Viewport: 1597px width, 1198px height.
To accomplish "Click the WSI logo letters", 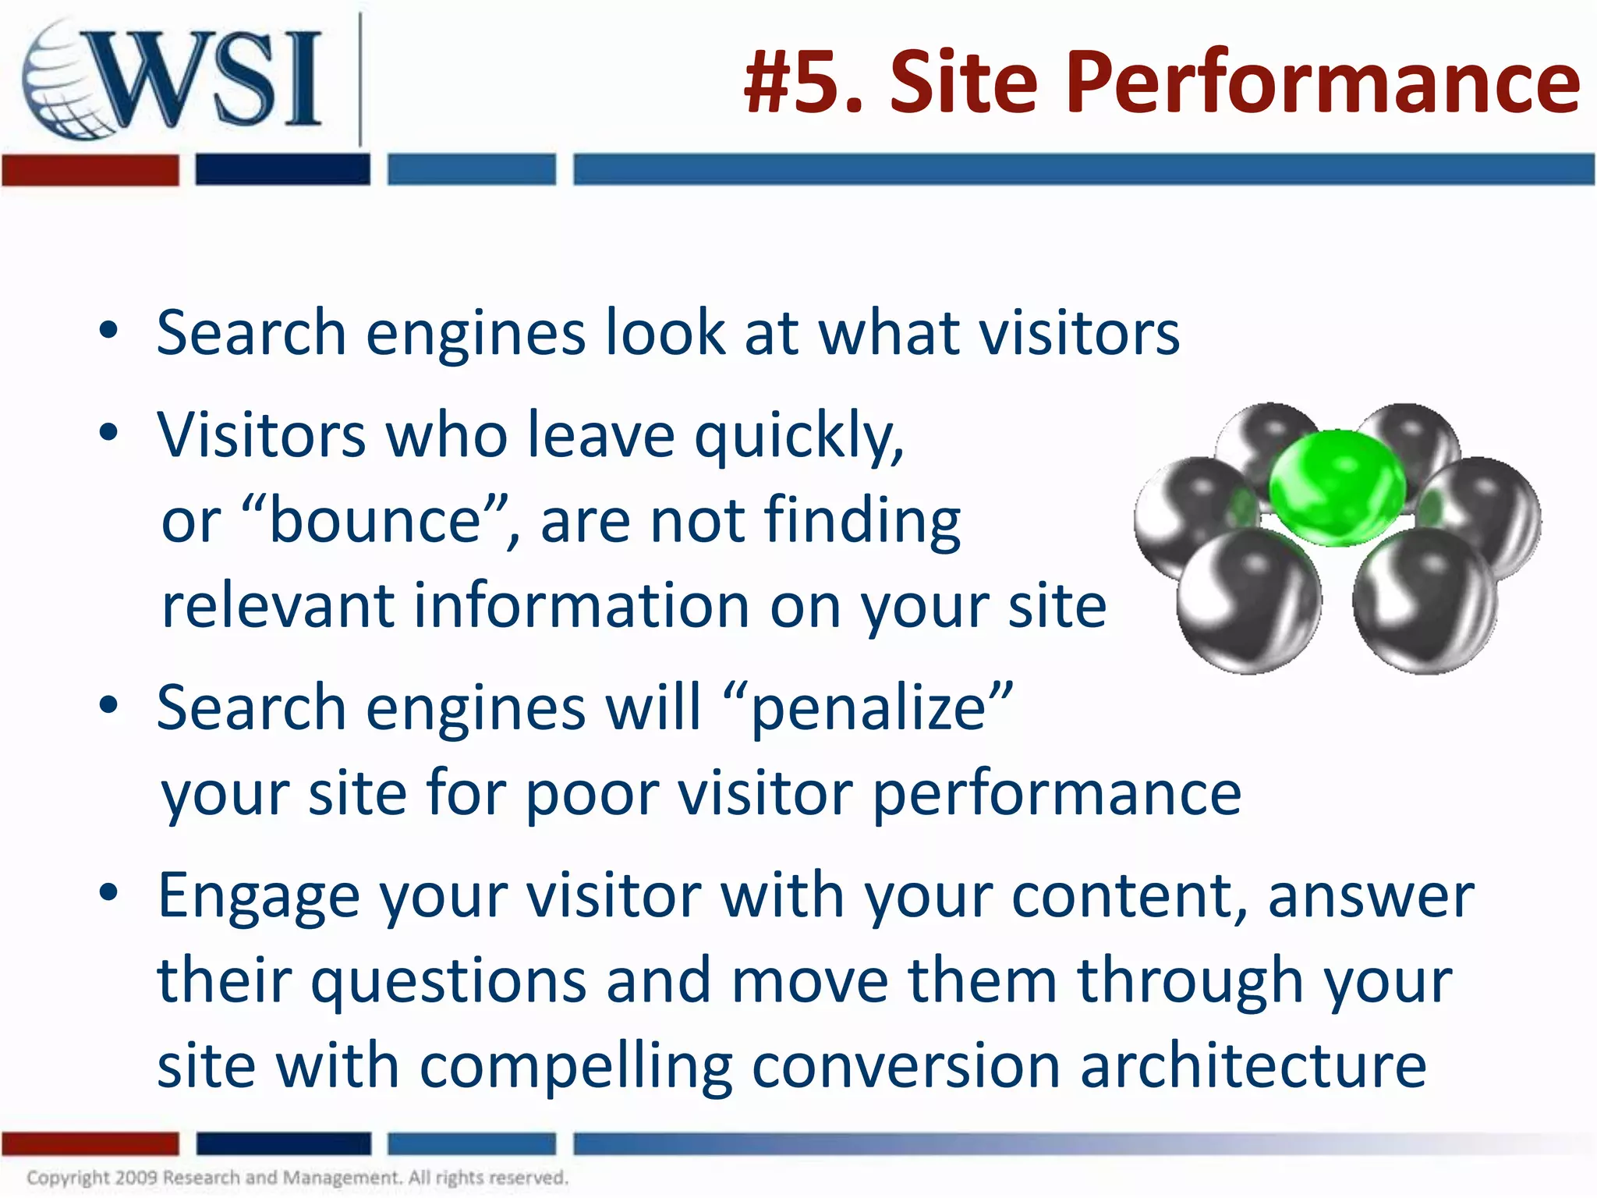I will [211, 78].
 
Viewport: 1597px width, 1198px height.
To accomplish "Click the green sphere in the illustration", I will [1337, 487].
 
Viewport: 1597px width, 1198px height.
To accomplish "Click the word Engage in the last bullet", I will [258, 896].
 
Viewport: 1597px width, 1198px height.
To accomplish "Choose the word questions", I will [448, 981].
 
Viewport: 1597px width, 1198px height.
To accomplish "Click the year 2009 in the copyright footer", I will [136, 1177].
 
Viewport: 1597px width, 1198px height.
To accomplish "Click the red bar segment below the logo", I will [90, 170].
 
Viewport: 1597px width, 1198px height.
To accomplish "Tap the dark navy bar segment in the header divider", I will [282, 170].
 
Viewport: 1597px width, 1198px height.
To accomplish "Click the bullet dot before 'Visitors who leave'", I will [108, 432].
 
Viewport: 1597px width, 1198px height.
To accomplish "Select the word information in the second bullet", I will [580, 606].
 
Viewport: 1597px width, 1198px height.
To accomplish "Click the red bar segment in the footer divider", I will [90, 1143].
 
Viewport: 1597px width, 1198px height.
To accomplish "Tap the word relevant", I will [278, 606].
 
